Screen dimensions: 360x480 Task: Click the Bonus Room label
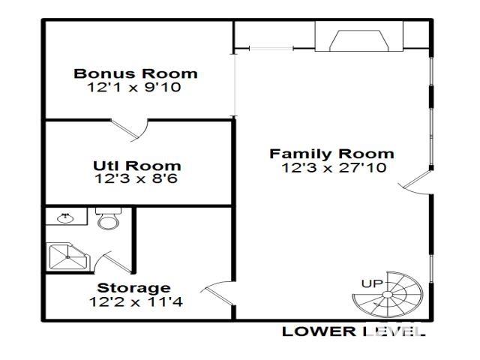pyautogui.click(x=136, y=73)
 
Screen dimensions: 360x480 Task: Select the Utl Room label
pyautogui.click(x=136, y=166)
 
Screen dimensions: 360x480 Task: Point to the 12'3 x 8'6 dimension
pyautogui.click(x=136, y=179)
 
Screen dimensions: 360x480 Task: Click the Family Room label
pyautogui.click(x=331, y=154)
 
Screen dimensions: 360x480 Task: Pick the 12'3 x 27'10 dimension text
pyautogui.click(x=334, y=168)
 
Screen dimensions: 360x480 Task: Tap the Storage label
pyautogui.click(x=133, y=288)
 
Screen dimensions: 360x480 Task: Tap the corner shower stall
pyautogui.click(x=67, y=256)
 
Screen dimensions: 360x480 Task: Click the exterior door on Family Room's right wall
pyautogui.click(x=417, y=182)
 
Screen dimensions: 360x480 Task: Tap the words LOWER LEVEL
pyautogui.click(x=352, y=331)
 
